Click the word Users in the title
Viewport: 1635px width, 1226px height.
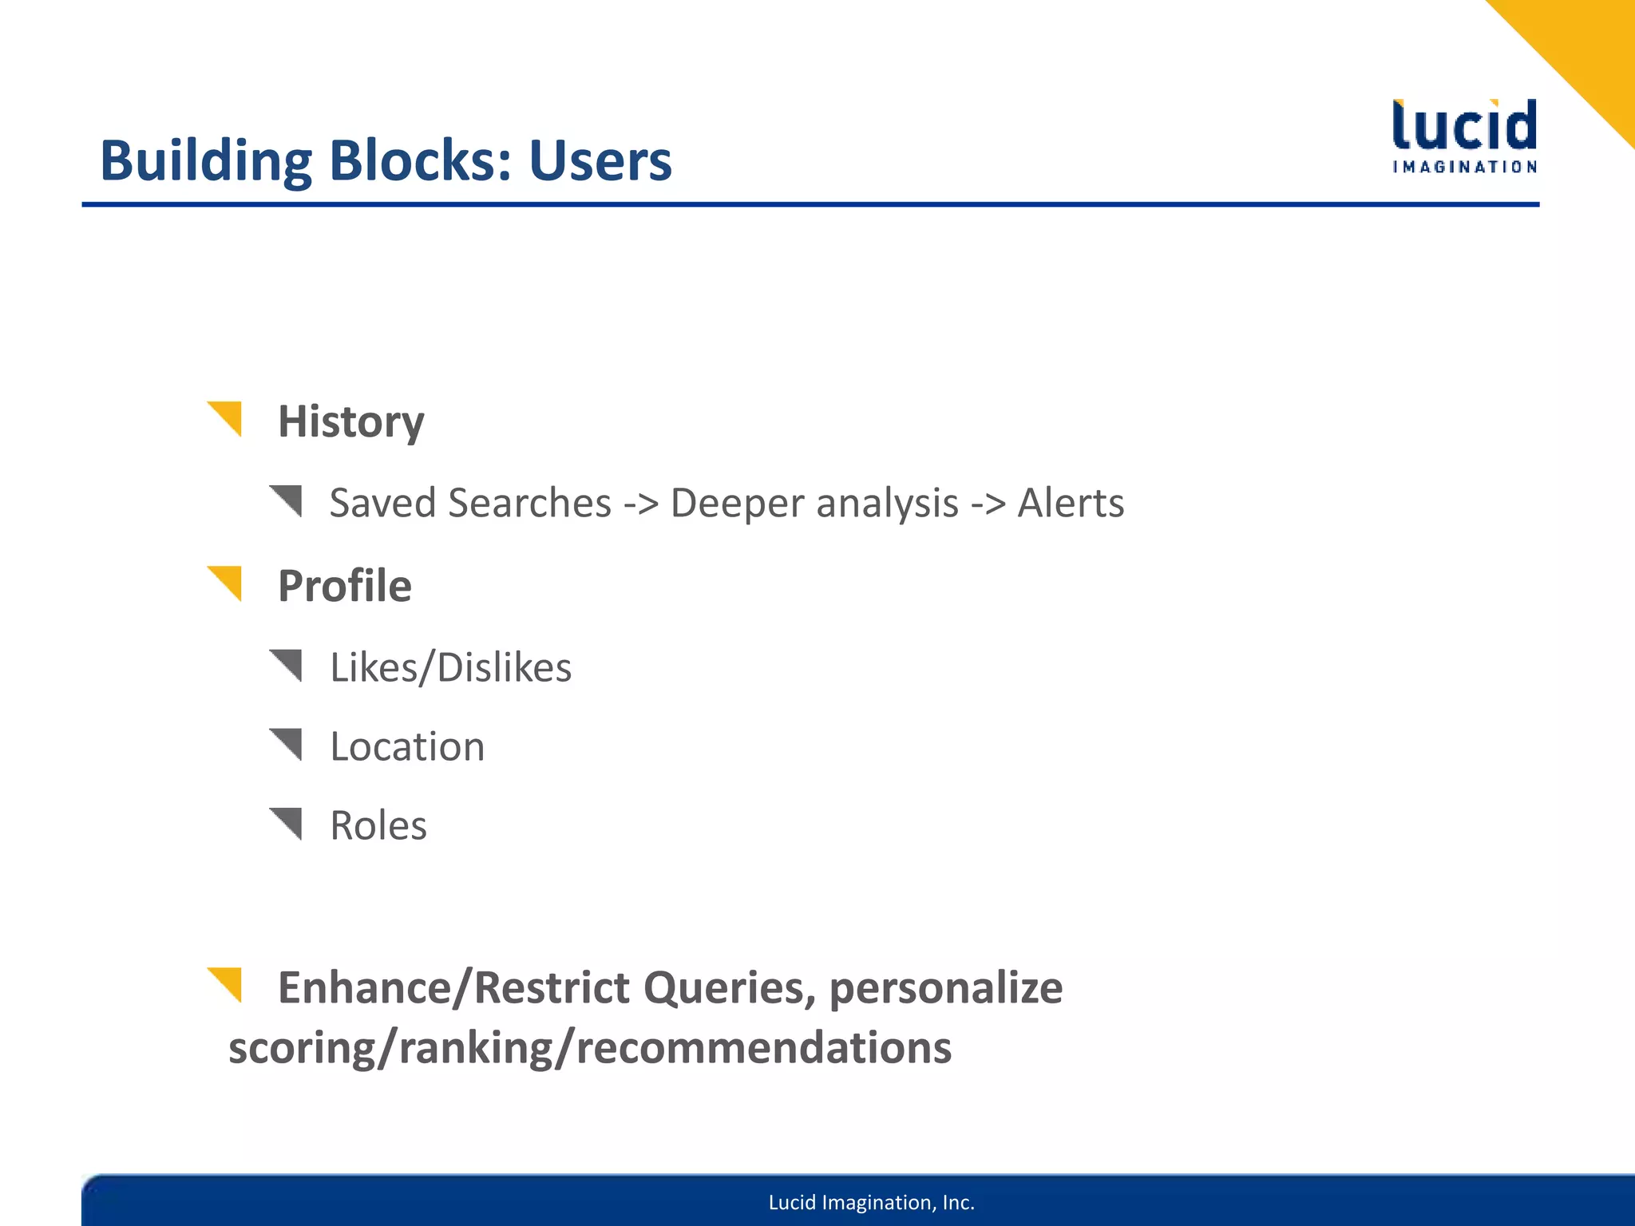click(600, 161)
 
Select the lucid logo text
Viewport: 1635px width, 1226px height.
click(1464, 125)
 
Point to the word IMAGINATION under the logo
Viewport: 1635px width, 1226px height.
click(1465, 167)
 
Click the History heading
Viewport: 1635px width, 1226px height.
click(350, 421)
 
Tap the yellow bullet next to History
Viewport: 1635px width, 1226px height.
click(227, 417)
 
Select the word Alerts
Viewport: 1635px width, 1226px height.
click(1070, 504)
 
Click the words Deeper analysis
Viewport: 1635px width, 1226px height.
click(814, 504)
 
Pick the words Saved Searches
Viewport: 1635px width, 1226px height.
click(470, 504)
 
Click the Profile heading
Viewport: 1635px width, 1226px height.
click(344, 586)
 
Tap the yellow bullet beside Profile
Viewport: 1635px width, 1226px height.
click(227, 581)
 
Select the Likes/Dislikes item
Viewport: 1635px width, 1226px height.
click(450, 667)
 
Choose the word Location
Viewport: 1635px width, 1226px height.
click(407, 747)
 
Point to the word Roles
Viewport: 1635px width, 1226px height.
click(378, 825)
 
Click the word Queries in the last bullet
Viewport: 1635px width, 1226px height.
click(730, 988)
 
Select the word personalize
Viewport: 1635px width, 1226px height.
click(945, 988)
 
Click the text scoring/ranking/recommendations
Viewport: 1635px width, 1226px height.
click(590, 1048)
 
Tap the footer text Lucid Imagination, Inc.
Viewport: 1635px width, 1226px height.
click(871, 1203)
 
